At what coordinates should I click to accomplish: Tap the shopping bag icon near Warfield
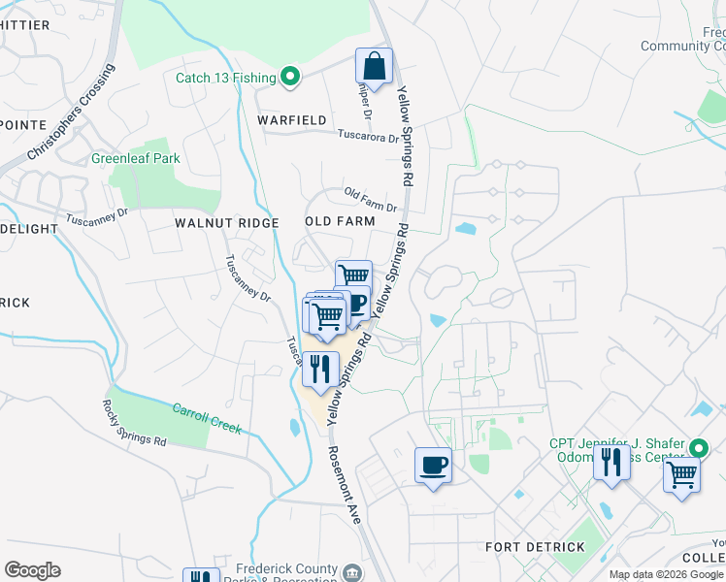coord(374,67)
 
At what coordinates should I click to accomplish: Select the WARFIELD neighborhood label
coord(291,120)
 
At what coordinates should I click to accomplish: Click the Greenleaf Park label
coord(136,158)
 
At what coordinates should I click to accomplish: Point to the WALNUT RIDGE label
coord(226,223)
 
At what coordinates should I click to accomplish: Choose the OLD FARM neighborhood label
coord(340,221)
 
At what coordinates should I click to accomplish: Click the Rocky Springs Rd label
coord(134,423)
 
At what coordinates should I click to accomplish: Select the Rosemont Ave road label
coord(344,486)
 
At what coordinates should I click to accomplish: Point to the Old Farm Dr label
coord(370,202)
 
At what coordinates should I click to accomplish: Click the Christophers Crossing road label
coord(70,113)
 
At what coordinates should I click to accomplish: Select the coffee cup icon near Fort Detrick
coord(433,465)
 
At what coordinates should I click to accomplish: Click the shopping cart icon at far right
coord(682,476)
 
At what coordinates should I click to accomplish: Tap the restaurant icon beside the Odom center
coord(611,462)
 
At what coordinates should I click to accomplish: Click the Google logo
coord(32,570)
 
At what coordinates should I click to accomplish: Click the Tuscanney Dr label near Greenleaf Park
coord(97,215)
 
